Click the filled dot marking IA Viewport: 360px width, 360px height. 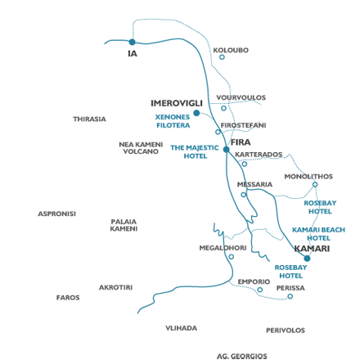coord(133,42)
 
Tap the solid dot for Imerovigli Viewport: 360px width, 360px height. coord(196,113)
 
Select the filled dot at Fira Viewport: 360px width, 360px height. coord(227,150)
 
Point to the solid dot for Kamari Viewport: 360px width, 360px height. coord(307,259)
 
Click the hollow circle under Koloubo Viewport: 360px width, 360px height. coord(222,57)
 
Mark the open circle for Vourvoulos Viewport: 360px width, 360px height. coord(223,108)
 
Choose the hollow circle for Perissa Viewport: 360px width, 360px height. coord(290,296)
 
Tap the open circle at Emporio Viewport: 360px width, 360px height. coord(260,290)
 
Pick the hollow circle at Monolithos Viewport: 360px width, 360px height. coord(315,185)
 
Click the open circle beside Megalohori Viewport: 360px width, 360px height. coord(232,257)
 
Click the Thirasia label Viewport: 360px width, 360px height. coord(89,119)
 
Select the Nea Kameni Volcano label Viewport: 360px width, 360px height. coord(141,148)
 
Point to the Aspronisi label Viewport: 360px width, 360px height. coord(56,214)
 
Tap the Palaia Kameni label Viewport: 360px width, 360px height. coord(124,225)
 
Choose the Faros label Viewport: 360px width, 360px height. coord(68,298)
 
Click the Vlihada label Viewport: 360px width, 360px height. coord(182,328)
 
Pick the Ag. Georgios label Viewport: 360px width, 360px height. coord(242,356)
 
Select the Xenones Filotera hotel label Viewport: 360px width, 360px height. coord(173,121)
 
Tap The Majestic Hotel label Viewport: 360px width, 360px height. coord(195,152)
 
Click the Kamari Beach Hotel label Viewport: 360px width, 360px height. coord(318,234)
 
